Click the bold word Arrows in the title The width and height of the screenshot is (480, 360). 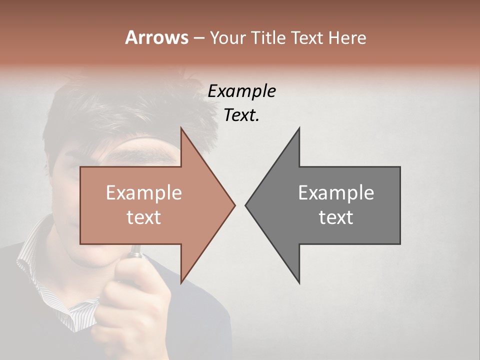[x=156, y=37]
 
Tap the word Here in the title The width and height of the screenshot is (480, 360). [x=346, y=38]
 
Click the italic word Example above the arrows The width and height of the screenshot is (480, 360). [x=241, y=91]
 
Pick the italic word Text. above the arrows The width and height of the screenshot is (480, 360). [x=241, y=115]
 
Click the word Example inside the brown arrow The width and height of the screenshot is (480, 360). [x=143, y=193]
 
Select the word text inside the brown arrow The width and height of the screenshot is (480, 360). [x=143, y=217]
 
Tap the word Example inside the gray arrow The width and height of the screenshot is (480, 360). [x=336, y=193]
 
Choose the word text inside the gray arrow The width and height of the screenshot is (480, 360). [x=336, y=217]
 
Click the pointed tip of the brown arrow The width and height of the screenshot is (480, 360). [x=234, y=205]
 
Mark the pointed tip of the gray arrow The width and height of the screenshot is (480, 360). [x=245, y=205]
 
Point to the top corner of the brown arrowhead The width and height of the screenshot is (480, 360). [x=181, y=128]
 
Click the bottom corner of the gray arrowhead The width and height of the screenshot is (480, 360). [x=299, y=283]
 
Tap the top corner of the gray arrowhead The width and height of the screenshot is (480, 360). [x=299, y=128]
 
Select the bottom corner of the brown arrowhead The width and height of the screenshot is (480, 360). [x=181, y=283]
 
